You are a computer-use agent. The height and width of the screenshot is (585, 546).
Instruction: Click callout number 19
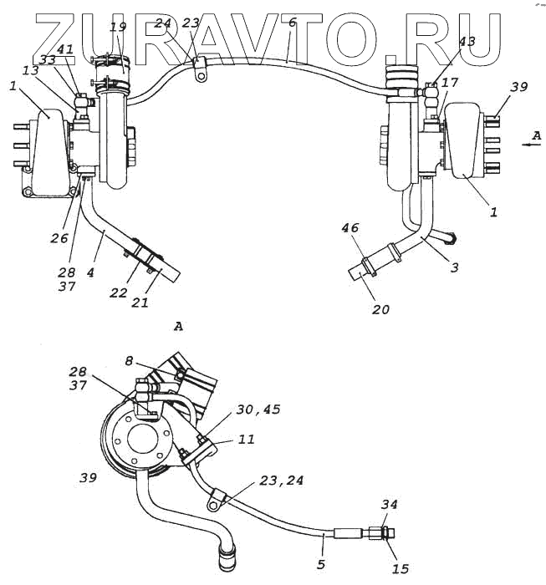click(x=117, y=27)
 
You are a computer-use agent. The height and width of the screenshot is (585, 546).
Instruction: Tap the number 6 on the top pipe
click(x=291, y=23)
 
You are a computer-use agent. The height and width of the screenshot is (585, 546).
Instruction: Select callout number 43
click(x=467, y=41)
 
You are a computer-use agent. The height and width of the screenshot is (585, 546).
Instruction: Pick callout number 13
click(x=31, y=71)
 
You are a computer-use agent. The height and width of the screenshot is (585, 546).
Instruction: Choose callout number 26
click(x=58, y=238)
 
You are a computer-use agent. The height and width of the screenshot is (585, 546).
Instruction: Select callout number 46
click(x=349, y=226)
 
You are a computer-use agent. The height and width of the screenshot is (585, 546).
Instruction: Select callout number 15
click(x=400, y=568)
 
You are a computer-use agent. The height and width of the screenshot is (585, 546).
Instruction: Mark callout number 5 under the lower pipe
click(x=322, y=565)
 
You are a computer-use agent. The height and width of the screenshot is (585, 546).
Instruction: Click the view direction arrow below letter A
click(x=528, y=144)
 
